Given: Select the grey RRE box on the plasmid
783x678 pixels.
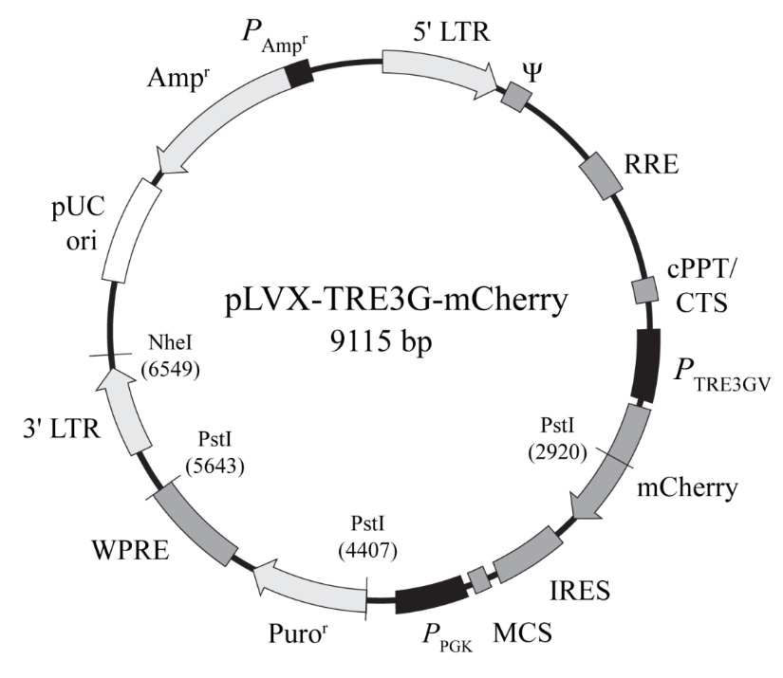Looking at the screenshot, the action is (601, 176).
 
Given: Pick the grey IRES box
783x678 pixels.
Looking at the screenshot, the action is (526, 555).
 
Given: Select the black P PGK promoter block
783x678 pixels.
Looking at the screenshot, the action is (432, 595).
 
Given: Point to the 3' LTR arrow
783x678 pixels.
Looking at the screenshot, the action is (122, 412).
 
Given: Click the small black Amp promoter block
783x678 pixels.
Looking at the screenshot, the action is (299, 74).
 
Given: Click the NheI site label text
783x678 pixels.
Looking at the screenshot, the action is (170, 342).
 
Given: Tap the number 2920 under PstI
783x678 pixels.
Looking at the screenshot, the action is (557, 452).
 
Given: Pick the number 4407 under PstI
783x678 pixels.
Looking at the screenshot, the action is (367, 551).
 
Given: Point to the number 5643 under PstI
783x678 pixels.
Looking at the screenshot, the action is (214, 466).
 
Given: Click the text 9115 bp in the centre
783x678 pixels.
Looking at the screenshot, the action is (381, 341).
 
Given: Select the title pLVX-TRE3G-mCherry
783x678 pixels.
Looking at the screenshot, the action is (397, 301).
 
